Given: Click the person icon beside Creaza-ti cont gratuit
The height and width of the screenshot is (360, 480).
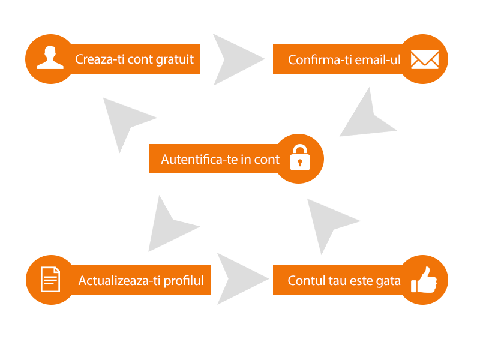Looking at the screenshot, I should [50, 59].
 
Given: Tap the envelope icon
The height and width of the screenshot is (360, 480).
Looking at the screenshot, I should [424, 59].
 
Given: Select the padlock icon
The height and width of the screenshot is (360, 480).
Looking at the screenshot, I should [299, 158].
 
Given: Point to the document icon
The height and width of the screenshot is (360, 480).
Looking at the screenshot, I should [50, 280].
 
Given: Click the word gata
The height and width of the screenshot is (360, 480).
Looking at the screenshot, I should [388, 280].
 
